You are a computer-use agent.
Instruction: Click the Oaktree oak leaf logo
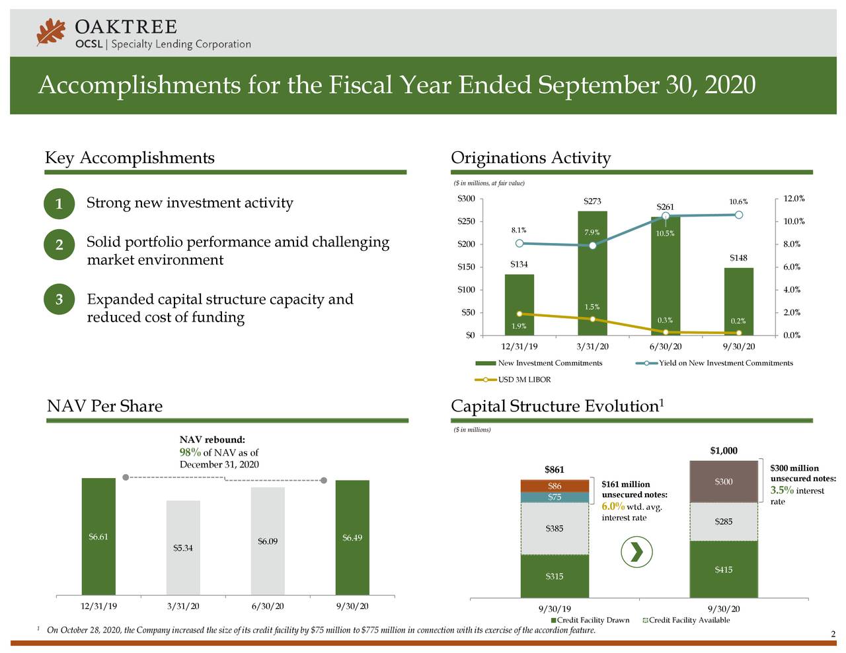coord(52,32)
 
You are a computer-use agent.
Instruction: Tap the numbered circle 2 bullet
coord(59,245)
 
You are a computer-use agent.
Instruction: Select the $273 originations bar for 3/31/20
coord(592,277)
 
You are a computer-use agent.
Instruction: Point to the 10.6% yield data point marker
coord(739,214)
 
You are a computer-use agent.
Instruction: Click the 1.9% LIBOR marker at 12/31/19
coord(519,314)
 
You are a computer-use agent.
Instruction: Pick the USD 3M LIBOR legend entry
coord(514,380)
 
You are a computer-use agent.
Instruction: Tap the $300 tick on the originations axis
coord(466,199)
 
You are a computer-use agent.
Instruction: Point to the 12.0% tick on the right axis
coord(792,199)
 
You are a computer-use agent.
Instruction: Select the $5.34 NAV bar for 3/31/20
coord(183,547)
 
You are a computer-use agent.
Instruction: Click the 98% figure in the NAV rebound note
coord(190,452)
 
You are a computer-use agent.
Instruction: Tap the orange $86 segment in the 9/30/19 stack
coord(555,486)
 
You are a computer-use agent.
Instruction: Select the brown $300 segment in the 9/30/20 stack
coord(724,481)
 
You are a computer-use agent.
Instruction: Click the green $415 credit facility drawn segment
coord(724,569)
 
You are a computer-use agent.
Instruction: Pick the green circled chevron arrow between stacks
coord(637,552)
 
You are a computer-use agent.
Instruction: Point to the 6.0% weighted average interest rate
coord(613,506)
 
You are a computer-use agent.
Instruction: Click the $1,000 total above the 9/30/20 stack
coord(724,451)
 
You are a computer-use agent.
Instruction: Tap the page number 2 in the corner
coord(833,635)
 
